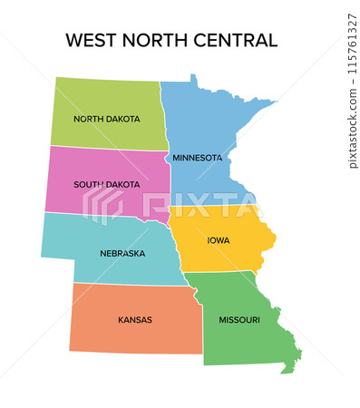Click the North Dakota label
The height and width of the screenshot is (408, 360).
106,119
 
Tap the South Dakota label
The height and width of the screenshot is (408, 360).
106,184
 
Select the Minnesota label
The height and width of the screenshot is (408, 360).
197,158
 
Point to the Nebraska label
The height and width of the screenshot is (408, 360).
122,253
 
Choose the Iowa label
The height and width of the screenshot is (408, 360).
218,240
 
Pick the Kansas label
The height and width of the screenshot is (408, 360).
134,319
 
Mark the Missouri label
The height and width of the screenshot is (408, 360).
238,319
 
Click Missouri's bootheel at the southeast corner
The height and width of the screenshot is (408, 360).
289,366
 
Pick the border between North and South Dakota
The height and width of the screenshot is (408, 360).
109,148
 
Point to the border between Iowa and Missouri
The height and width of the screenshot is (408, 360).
222,272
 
